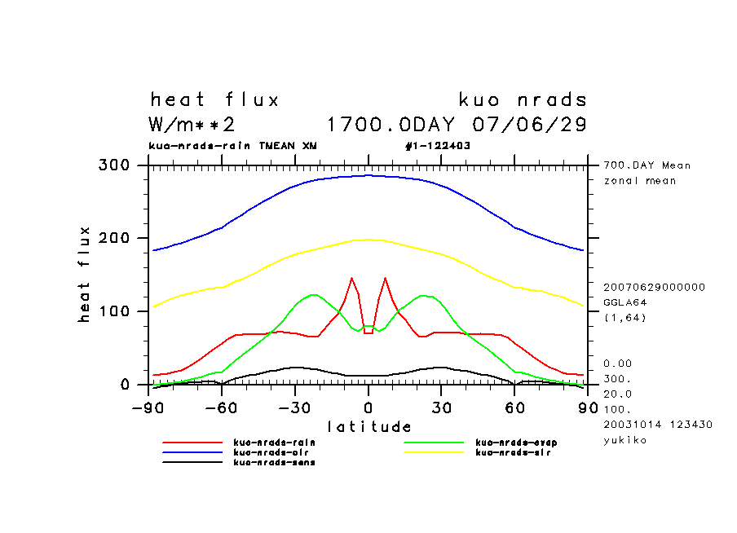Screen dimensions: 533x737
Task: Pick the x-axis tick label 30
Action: pos(441,406)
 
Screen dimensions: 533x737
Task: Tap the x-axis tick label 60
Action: pos(514,406)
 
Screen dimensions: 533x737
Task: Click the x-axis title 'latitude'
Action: pos(368,426)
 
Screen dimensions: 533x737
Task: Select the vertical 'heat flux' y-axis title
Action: pos(85,275)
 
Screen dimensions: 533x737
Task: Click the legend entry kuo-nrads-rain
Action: pos(274,443)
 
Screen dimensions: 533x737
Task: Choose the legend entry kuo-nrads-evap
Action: pos(516,443)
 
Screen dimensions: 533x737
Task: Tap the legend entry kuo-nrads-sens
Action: pos(274,462)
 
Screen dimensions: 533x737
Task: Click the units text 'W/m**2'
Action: pos(192,125)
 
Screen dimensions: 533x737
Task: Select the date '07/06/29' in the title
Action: pos(530,125)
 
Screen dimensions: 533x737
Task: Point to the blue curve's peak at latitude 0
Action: pos(368,175)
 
